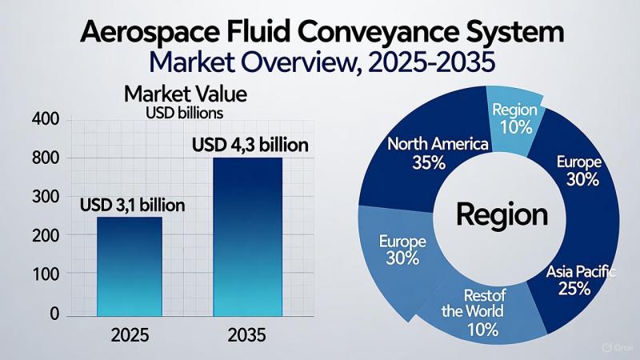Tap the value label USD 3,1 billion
point(133,206)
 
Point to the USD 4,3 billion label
point(250,146)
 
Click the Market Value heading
point(185,94)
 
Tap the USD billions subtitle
point(185,113)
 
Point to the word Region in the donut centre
point(502,215)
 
